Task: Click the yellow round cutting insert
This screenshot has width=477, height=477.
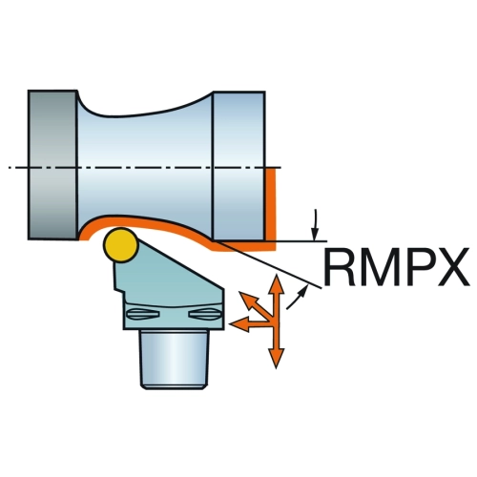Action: click(x=121, y=245)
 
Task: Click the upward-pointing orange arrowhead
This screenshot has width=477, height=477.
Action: click(x=277, y=284)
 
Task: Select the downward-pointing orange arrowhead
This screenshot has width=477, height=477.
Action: click(x=276, y=358)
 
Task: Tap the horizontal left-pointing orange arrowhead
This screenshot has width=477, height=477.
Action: click(x=239, y=324)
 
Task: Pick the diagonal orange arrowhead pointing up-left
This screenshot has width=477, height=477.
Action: click(x=247, y=301)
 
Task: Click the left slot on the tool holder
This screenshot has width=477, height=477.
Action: click(x=143, y=314)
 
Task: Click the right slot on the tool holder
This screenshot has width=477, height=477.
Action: click(x=204, y=314)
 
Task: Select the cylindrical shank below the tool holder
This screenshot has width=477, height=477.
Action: click(x=175, y=360)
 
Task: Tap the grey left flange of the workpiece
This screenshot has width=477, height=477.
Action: click(x=52, y=165)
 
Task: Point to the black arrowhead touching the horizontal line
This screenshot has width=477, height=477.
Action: click(x=315, y=235)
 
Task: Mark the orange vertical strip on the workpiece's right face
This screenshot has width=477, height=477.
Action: click(x=270, y=204)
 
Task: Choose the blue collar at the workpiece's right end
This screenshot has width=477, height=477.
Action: click(x=238, y=165)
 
